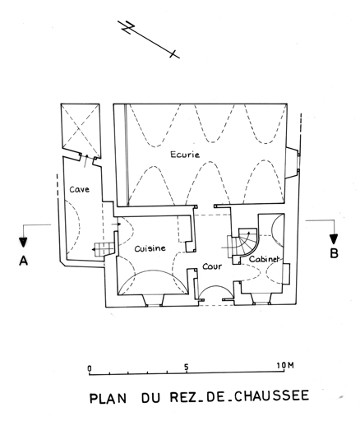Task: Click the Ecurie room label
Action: coord(185,155)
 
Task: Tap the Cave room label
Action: coord(79,189)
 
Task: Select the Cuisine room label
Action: coord(150,248)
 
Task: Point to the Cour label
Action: coord(212,266)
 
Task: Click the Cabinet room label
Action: coord(264,259)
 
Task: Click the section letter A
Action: coord(24,261)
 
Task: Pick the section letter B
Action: coord(334,253)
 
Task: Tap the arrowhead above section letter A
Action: coord(23,242)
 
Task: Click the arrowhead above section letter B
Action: coord(334,239)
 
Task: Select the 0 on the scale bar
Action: coord(90,368)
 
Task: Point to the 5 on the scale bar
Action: coord(187,367)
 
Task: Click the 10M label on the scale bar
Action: coord(285,365)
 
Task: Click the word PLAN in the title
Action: coord(108,398)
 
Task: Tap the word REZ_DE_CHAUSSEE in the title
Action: coord(239,396)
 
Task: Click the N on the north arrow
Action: coord(127,27)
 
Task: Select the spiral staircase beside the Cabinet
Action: coord(243,243)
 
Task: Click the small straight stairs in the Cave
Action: coord(104,249)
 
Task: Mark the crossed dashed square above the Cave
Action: coord(80,129)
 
